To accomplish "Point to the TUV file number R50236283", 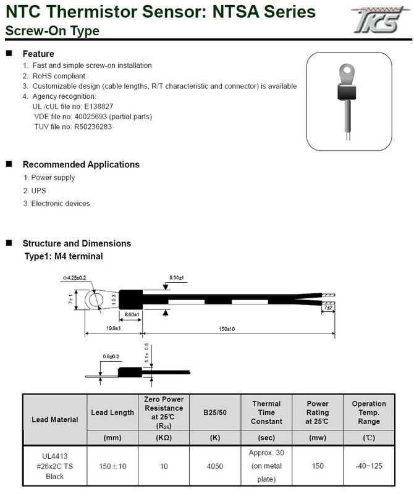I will (91, 127).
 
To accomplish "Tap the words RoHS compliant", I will (59, 76).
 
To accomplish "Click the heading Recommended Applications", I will (81, 165).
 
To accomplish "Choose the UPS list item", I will (38, 190).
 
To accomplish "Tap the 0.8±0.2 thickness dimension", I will (112, 356).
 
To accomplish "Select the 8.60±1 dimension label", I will (131, 315).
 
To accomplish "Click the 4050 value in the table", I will (214, 466).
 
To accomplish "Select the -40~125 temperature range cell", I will (369, 466).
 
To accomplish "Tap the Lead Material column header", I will (54, 419).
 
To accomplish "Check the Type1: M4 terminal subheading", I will (63, 256).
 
